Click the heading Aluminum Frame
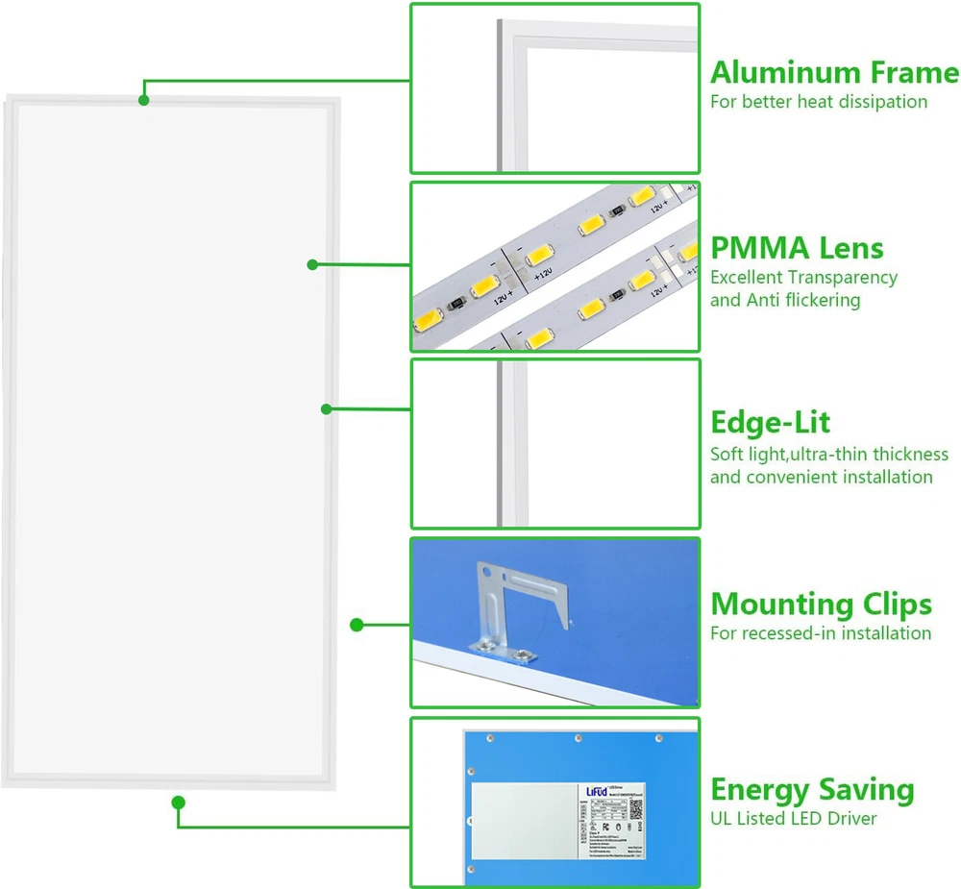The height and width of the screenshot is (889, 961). pyautogui.click(x=834, y=73)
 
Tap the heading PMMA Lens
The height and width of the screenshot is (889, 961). pyautogui.click(x=797, y=248)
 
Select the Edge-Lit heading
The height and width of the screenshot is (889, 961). pyautogui.click(x=771, y=423)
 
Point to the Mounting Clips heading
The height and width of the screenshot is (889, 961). pyautogui.click(x=821, y=605)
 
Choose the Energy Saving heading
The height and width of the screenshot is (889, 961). pyautogui.click(x=812, y=790)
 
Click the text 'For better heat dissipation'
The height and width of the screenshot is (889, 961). pyautogui.click(x=819, y=102)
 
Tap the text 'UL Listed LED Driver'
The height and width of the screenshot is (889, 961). pyautogui.click(x=794, y=819)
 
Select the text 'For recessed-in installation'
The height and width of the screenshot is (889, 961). pyautogui.click(x=821, y=633)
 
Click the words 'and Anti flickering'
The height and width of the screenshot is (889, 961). pyautogui.click(x=785, y=301)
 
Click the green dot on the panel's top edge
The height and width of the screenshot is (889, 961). pyautogui.click(x=144, y=99)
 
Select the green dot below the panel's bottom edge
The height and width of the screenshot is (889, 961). pyautogui.click(x=178, y=803)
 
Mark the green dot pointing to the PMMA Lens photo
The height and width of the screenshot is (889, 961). pyautogui.click(x=312, y=264)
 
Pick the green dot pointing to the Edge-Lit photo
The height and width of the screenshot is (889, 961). pyautogui.click(x=327, y=408)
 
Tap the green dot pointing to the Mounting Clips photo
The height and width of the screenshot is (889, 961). pyautogui.click(x=357, y=625)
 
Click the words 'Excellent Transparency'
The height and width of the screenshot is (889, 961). pyautogui.click(x=803, y=278)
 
